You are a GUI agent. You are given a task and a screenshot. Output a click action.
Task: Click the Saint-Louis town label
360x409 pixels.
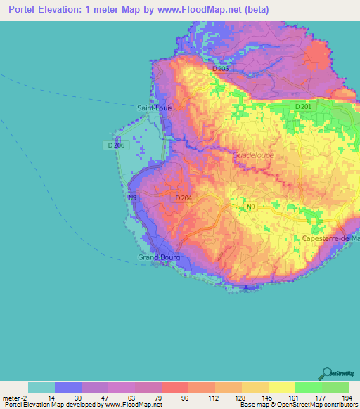pyautogui.click(x=154, y=108)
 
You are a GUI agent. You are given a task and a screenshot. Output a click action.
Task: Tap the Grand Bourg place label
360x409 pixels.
pyautogui.click(x=159, y=257)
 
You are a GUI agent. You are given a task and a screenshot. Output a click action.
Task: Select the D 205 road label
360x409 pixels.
pyautogui.click(x=221, y=69)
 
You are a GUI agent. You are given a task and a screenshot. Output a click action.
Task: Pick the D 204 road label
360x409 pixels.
pyautogui.click(x=182, y=198)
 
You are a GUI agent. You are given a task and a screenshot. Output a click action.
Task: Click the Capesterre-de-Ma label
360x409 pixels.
pyautogui.click(x=330, y=239)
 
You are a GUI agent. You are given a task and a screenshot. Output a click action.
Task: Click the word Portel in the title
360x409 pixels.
pyautogui.click(x=22, y=10)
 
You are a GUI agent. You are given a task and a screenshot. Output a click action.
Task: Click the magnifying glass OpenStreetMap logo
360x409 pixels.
pyautogui.click(x=328, y=373)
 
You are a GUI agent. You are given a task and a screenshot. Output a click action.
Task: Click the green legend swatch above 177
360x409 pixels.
pyautogui.click(x=308, y=387)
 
